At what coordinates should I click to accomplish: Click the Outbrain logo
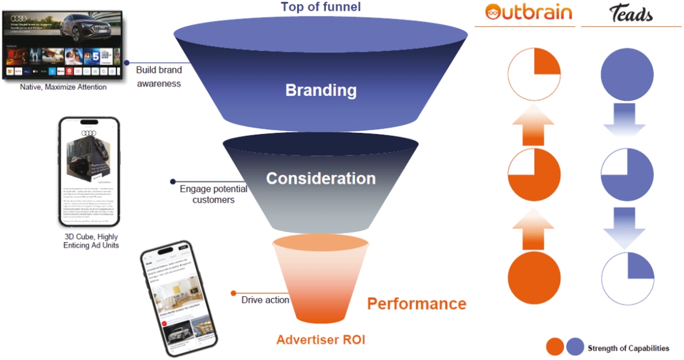[528, 13]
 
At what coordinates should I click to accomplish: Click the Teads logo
[631, 14]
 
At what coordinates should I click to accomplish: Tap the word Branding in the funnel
[321, 91]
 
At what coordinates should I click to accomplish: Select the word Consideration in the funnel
[321, 179]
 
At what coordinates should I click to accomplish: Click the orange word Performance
[416, 304]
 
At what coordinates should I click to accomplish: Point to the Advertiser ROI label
[321, 340]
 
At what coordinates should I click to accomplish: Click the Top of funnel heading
[321, 7]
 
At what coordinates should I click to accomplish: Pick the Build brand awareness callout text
[159, 77]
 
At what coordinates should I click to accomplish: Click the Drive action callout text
[265, 300]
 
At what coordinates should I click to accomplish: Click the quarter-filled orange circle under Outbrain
[534, 74]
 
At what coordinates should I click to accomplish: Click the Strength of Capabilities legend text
[628, 348]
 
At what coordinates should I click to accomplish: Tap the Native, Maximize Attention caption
[63, 87]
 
